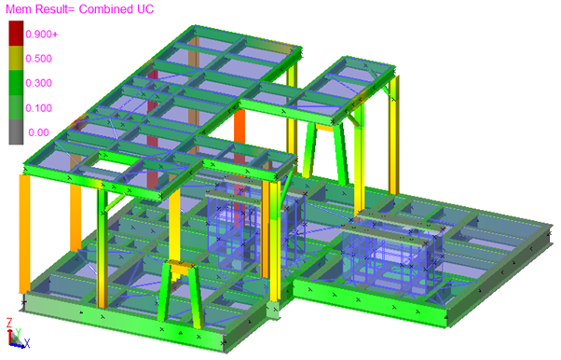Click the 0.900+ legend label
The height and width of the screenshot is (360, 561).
tap(41, 35)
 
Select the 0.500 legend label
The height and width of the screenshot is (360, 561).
tap(38, 59)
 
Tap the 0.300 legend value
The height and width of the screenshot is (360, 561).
tap(38, 83)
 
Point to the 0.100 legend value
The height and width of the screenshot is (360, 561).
tap(38, 108)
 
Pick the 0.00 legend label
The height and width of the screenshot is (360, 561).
tap(38, 132)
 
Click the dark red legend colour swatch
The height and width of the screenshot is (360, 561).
tap(16, 33)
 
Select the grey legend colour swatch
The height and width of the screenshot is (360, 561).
tap(16, 132)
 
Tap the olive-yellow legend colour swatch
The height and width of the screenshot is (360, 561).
tap(16, 58)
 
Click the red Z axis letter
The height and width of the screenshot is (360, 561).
tap(9, 323)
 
